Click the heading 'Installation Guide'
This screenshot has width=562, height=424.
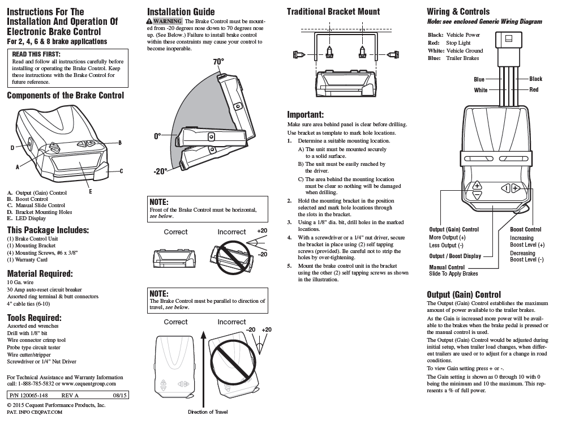[181, 12]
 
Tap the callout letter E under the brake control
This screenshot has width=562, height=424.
[91, 191]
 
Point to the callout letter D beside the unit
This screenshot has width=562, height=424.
[12, 148]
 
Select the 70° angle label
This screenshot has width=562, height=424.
[218, 61]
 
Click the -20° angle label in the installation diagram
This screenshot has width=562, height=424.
[160, 171]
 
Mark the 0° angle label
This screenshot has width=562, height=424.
[157, 136]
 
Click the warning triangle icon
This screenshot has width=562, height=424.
[149, 22]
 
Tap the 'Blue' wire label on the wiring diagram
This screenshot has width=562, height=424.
[479, 80]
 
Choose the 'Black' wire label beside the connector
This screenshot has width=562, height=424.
[535, 79]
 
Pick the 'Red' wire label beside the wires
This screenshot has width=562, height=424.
[534, 90]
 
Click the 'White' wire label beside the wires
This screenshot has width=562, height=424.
[481, 91]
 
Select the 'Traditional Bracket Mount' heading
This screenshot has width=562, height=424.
[333, 12]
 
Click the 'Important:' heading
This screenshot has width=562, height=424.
[305, 114]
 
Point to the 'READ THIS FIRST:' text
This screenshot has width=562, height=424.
[36, 54]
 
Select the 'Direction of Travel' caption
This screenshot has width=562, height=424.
[208, 412]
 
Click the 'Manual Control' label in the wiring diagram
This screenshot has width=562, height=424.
[447, 267]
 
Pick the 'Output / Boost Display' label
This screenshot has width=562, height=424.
[455, 256]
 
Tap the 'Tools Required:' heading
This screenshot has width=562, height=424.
[34, 318]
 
